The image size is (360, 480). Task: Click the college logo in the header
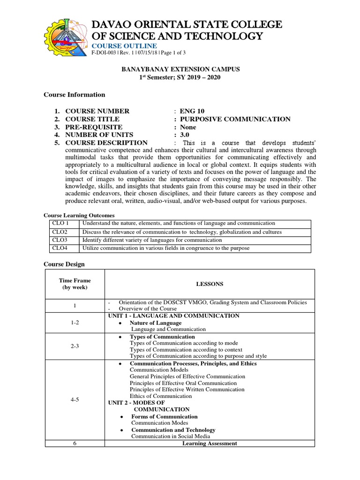(x=65, y=35)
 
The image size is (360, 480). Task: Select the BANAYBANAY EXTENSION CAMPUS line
(x=180, y=69)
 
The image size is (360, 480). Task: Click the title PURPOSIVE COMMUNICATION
(x=235, y=119)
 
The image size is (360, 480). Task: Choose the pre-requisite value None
(x=189, y=127)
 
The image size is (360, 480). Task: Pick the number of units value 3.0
(x=186, y=135)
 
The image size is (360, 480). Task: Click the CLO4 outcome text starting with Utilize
(x=166, y=248)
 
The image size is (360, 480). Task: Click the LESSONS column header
(x=210, y=284)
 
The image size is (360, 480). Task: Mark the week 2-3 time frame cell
(x=75, y=346)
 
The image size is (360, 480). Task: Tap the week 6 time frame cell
(x=75, y=443)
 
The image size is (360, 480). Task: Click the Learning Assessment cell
(x=210, y=443)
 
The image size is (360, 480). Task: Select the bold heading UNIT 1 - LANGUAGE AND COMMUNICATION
(x=173, y=316)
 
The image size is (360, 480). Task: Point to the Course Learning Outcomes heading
(x=79, y=215)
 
